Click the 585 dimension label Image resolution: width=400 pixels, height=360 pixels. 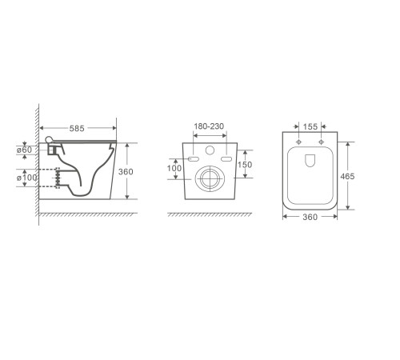77,129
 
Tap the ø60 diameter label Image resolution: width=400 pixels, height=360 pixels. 24,150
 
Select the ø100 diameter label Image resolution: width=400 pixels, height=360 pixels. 27,178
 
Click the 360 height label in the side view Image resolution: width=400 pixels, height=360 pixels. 126,172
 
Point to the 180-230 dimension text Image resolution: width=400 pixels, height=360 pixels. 209,126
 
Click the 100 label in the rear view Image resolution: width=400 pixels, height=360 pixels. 174,168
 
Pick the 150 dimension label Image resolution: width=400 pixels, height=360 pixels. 245,165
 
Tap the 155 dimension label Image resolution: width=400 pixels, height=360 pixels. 310,126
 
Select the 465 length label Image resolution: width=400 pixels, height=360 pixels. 347,176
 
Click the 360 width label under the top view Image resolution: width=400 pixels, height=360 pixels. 310,217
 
